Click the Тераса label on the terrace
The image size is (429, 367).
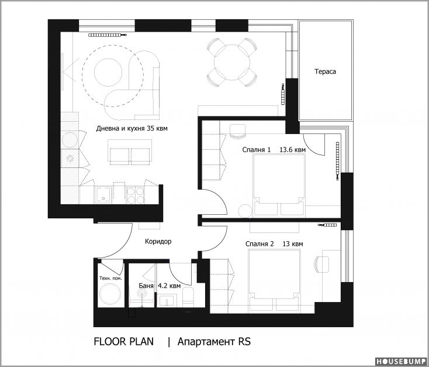pyautogui.click(x=325, y=72)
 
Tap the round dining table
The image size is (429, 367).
pyautogui.click(x=232, y=63)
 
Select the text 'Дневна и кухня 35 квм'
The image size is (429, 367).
pyautogui.click(x=132, y=128)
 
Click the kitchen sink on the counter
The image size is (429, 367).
pyautogui.click(x=103, y=195)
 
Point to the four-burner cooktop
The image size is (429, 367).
pyautogui.click(x=136, y=195)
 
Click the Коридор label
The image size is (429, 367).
pyautogui.click(x=158, y=242)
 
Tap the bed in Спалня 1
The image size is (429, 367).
pyautogui.click(x=279, y=184)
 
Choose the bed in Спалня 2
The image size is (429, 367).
pyautogui.click(x=274, y=281)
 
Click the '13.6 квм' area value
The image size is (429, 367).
pyautogui.click(x=292, y=150)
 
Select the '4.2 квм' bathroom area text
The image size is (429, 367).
pyautogui.click(x=169, y=286)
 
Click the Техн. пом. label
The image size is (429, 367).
pyautogui.click(x=110, y=278)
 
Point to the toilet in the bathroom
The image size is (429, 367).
pyautogui.click(x=188, y=297)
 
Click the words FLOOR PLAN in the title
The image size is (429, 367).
pyautogui.click(x=124, y=342)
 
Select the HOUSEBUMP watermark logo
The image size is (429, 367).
pyautogui.click(x=400, y=362)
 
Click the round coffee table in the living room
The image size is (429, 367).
pyautogui.click(x=108, y=72)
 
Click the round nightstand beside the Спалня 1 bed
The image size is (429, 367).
pyautogui.click(x=245, y=211)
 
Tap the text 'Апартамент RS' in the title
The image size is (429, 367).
pyautogui.click(x=214, y=342)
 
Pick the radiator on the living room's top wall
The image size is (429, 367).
pyautogui.click(x=108, y=35)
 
